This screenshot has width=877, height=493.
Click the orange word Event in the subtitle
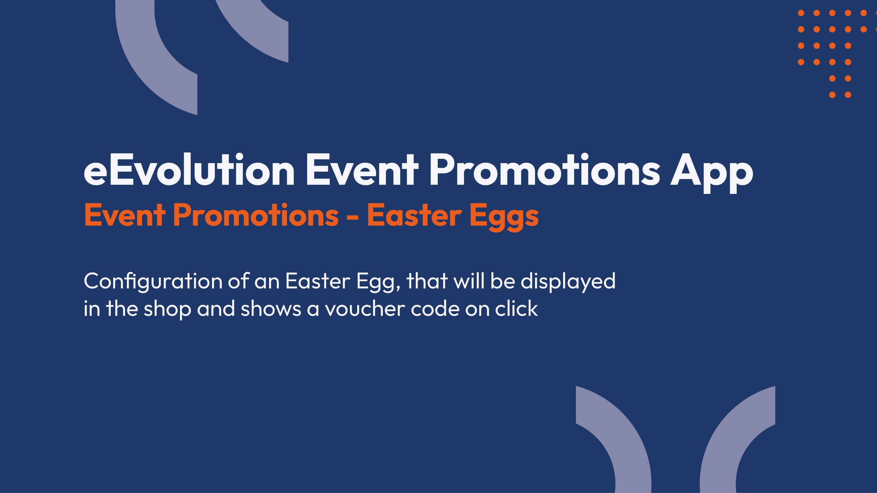click(124, 215)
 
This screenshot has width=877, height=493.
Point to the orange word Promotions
click(256, 215)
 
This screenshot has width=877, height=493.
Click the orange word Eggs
click(504, 217)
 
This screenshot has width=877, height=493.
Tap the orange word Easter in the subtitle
click(414, 215)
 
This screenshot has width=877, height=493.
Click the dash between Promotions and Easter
click(353, 217)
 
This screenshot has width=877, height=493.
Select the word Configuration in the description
click(153, 282)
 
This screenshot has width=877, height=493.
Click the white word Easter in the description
click(318, 281)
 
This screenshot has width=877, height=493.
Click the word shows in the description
click(271, 308)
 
